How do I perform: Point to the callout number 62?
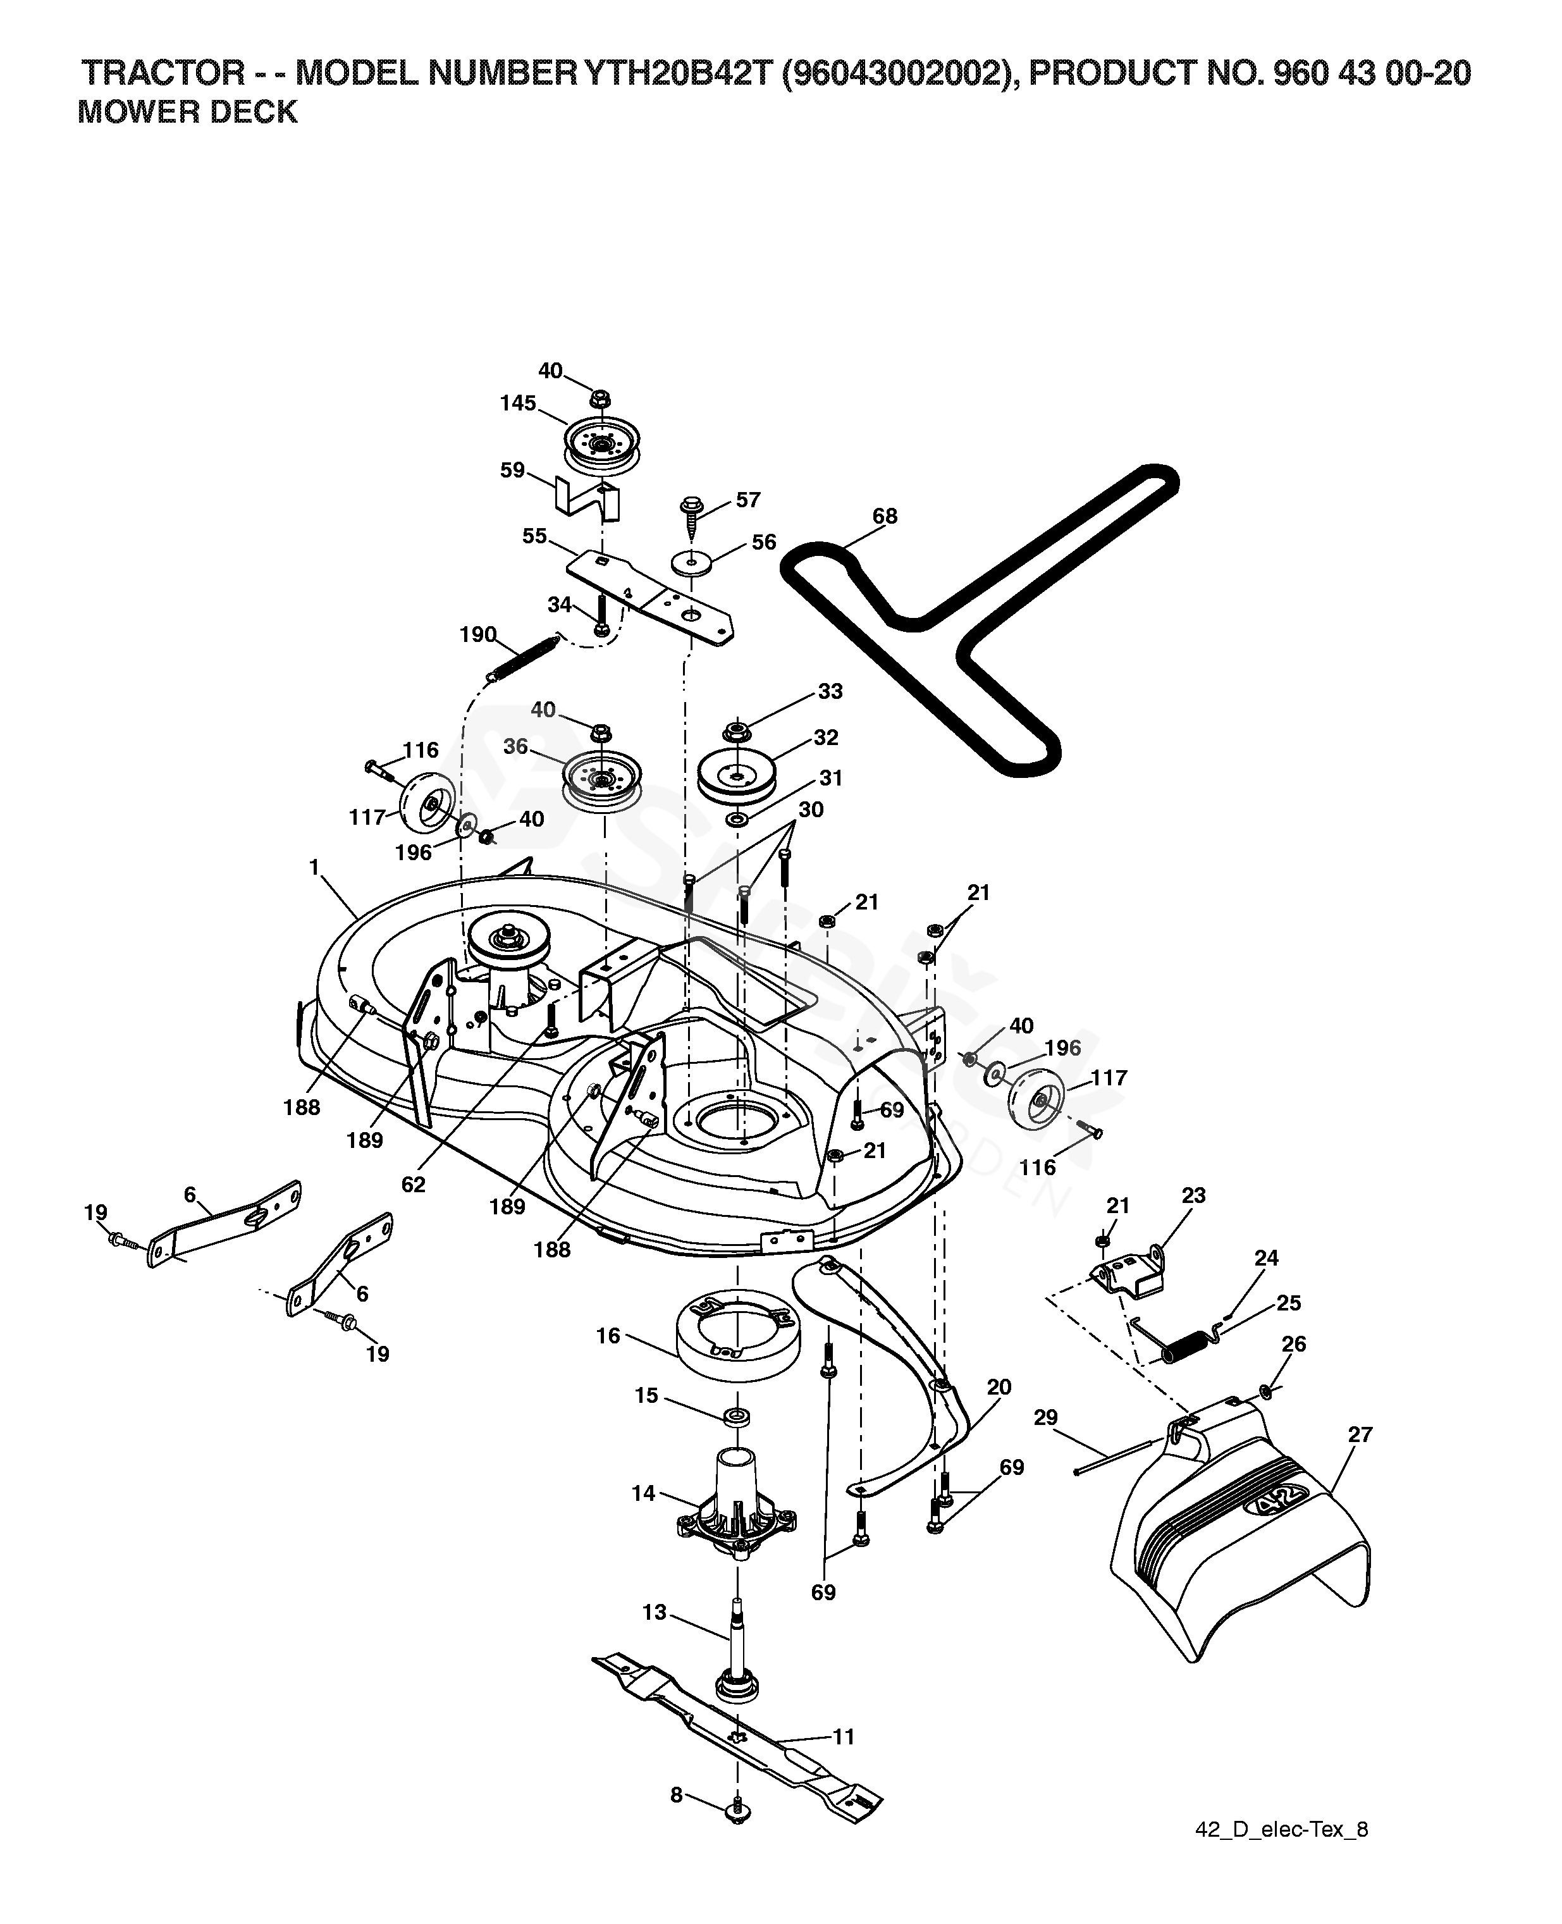click(413, 1185)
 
